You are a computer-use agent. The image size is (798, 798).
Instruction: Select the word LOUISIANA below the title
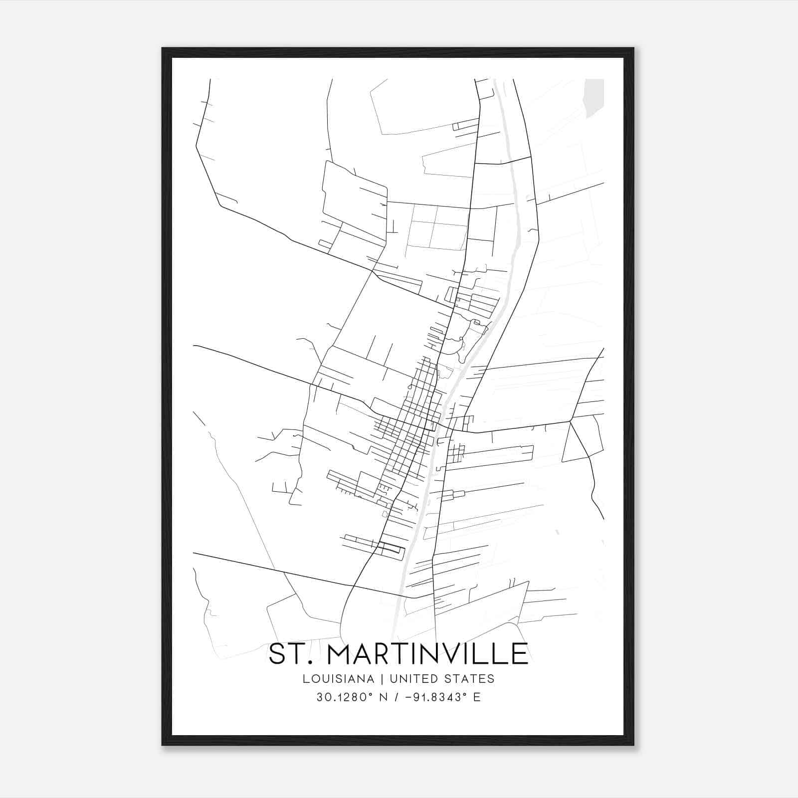(x=338, y=679)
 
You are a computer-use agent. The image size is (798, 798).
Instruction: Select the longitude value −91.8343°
(x=434, y=697)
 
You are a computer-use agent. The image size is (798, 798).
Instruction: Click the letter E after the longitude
(x=477, y=697)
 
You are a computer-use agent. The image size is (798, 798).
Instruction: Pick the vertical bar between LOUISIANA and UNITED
(x=382, y=679)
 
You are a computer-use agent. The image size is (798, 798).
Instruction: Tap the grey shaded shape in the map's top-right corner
(x=594, y=97)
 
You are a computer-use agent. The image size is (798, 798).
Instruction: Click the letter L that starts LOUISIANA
(x=305, y=679)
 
